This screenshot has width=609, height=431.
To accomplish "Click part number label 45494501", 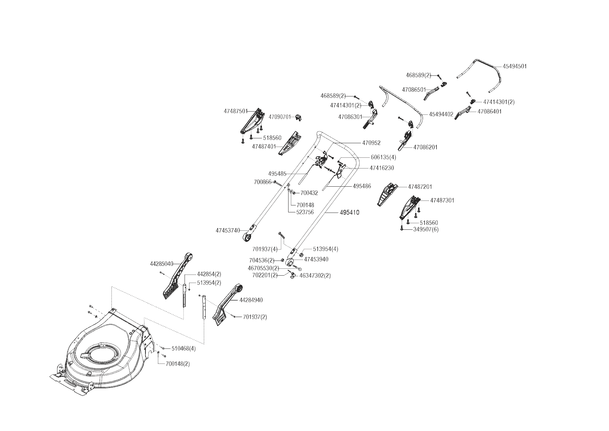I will pos(515,66).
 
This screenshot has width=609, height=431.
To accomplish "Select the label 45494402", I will pos(441,114).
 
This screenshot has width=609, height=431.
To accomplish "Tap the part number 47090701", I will pos(280,117).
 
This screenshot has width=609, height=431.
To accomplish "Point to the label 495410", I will pos(349,212).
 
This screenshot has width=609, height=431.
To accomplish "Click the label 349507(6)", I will pos(426,229).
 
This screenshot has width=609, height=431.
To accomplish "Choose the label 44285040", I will pos(161,264).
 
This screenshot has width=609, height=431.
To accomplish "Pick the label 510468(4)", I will pos(183,349).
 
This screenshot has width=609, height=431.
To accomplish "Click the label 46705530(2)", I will pos(263,268).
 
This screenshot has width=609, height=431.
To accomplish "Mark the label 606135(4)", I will pos(383,157).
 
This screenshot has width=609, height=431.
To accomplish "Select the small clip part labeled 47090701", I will pos(298,117).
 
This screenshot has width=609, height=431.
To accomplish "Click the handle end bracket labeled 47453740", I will pos(250,234).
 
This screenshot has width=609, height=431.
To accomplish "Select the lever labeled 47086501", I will pos(432,93).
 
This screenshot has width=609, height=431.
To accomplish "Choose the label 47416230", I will pos(382,168).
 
